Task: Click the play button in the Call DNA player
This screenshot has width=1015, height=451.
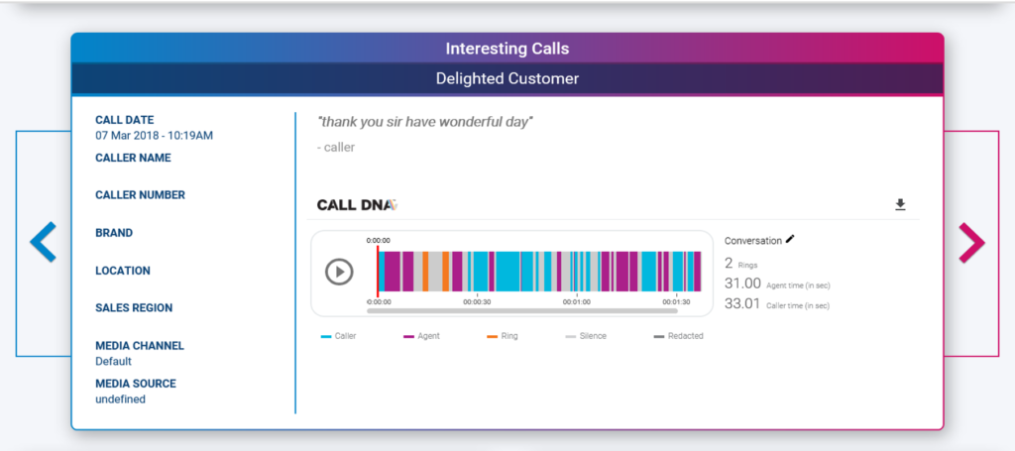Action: [339, 272]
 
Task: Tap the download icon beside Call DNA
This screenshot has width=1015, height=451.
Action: [900, 205]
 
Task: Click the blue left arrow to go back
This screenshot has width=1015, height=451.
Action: [43, 242]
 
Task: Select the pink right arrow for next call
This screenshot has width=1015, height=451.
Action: [971, 243]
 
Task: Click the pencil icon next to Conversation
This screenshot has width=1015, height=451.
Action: [790, 239]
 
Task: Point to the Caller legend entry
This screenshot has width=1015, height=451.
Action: [339, 336]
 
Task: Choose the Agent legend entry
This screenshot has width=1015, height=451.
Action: [421, 336]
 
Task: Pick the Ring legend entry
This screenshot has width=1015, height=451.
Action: [503, 336]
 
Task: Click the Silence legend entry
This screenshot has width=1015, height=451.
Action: [586, 336]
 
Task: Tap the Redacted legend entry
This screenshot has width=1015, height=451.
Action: [678, 336]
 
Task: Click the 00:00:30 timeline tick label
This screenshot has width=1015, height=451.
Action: [477, 302]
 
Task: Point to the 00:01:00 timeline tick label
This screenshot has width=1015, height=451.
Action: [576, 302]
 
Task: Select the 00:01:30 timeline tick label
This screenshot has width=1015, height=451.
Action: [676, 302]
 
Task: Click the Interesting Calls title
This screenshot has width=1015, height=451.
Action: [507, 49]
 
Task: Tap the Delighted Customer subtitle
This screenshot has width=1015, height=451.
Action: [507, 79]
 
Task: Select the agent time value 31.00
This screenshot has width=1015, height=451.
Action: [742, 283]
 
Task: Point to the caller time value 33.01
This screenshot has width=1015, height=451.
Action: [742, 304]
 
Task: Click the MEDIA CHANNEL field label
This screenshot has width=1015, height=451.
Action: [140, 346]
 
